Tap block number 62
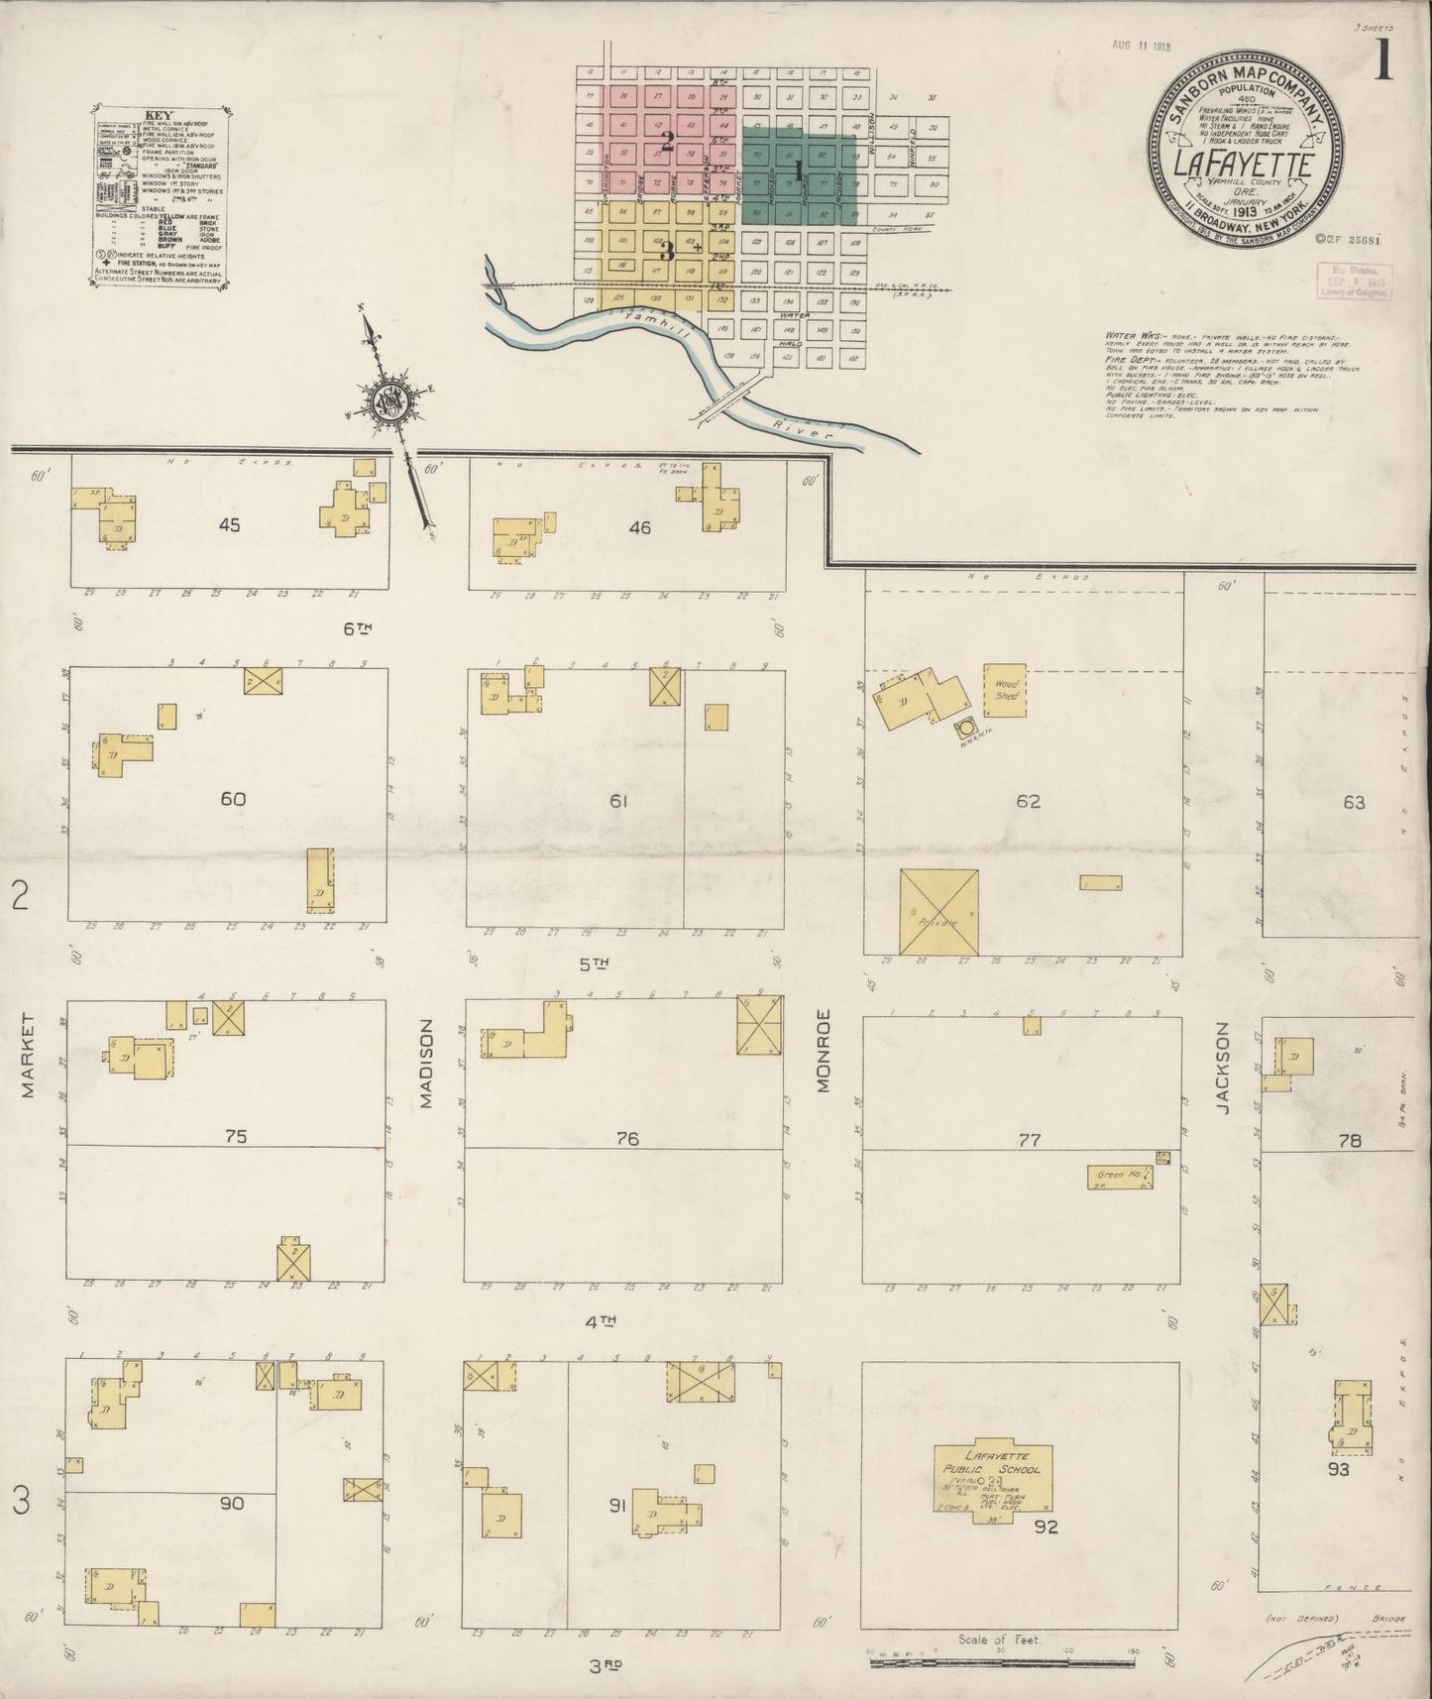coord(1028,801)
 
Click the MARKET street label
coord(28,1056)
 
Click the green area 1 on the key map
coord(799,175)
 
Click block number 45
coord(230,525)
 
